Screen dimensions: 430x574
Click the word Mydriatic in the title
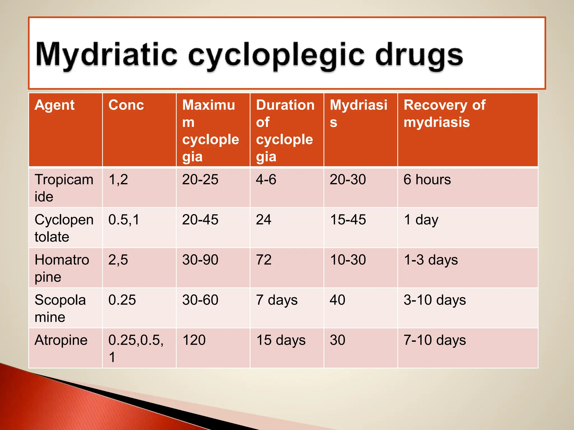coord(107,55)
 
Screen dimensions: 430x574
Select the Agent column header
coord(55,105)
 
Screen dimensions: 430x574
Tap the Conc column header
coord(126,105)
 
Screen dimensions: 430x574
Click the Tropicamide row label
coord(64,188)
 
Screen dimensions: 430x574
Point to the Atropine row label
coord(61,340)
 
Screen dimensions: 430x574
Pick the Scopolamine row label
coord(60,308)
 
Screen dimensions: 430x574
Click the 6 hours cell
coord(427,179)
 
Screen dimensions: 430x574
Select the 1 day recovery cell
coord(421,220)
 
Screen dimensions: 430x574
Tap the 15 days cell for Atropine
coord(281,340)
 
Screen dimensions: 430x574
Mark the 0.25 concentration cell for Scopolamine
coord(122,300)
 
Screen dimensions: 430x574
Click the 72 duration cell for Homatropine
coord(264,260)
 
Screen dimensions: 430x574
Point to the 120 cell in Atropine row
coord(194,340)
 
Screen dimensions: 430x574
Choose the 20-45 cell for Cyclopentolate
coord(200,220)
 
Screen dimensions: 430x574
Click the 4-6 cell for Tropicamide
coord(266,179)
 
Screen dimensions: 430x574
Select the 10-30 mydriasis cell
coord(348,260)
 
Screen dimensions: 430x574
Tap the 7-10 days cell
coord(435,340)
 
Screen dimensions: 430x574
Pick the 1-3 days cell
coord(431,260)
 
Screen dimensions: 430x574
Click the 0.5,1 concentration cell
coord(124,220)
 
